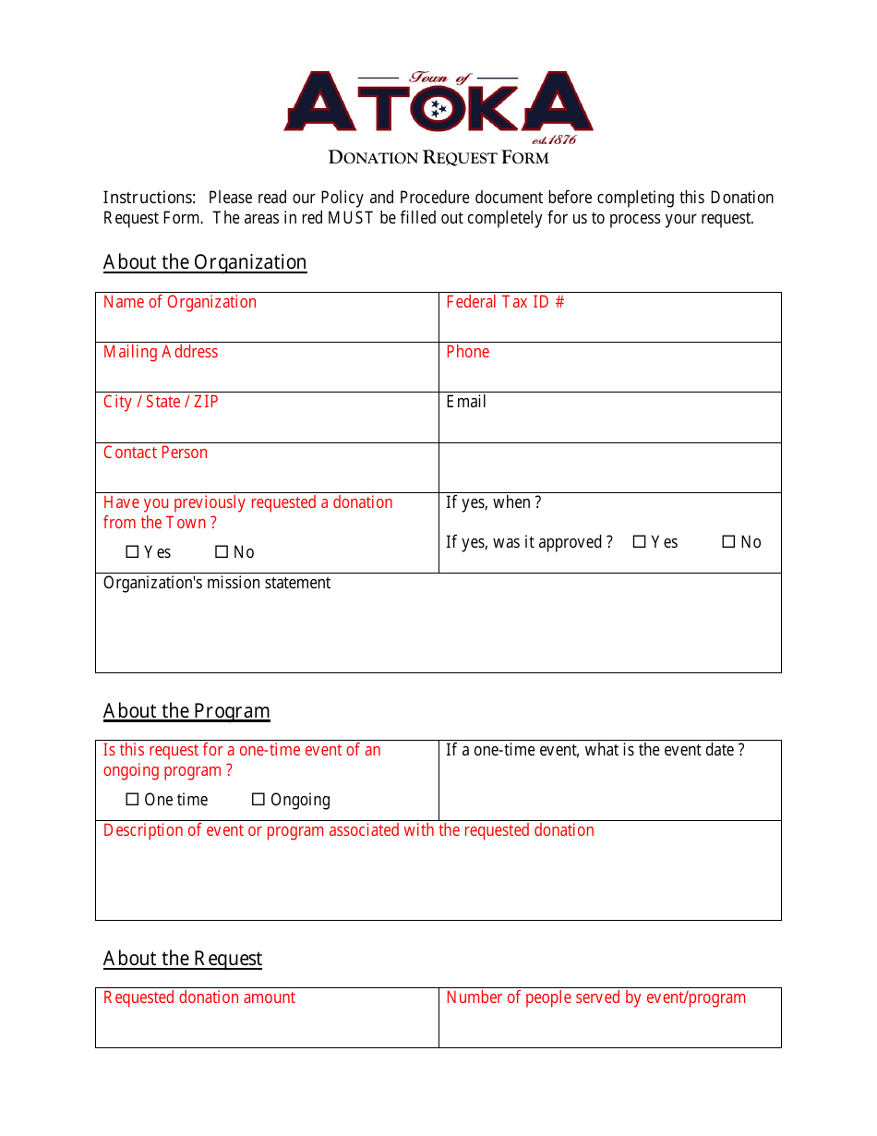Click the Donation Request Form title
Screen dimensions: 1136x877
tap(438, 157)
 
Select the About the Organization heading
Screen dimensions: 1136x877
tap(205, 262)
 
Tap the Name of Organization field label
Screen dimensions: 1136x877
tap(180, 302)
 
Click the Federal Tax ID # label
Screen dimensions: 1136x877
tap(505, 302)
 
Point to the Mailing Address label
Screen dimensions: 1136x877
tap(161, 352)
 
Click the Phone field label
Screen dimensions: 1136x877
tap(467, 352)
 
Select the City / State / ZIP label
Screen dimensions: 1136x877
tap(161, 402)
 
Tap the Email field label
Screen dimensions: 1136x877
tap(466, 402)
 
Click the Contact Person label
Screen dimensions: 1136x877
tap(155, 453)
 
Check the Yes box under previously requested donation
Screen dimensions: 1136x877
tap(132, 552)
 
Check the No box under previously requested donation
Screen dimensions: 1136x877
tap(222, 552)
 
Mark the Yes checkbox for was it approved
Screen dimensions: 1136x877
tap(639, 542)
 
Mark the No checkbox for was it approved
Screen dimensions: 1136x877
tap(728, 542)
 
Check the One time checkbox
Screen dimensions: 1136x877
tap(132, 800)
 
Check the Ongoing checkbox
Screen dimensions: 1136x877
tap(258, 800)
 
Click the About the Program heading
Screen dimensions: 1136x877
tap(186, 711)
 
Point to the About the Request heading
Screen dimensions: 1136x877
tap(183, 959)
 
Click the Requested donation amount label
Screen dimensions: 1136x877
tap(199, 997)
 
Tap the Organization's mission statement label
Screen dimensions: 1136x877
tap(217, 583)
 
